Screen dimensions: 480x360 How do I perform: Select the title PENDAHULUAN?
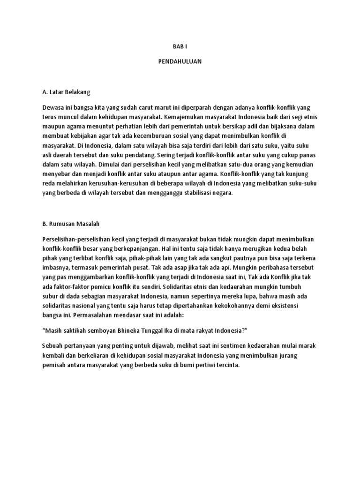pyautogui.click(x=180, y=61)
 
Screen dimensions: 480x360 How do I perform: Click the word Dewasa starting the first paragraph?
pyautogui.click(x=53, y=108)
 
